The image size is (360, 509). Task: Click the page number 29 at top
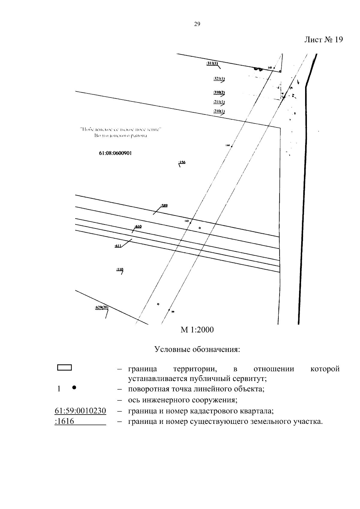pyautogui.click(x=197, y=24)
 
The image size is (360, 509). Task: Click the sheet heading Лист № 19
pyautogui.click(x=323, y=40)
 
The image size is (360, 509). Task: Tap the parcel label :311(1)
pyautogui.click(x=212, y=63)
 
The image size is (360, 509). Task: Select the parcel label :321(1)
pyautogui.click(x=219, y=79)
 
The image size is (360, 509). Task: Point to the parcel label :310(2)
pyautogui.click(x=219, y=92)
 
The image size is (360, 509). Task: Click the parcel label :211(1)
pyautogui.click(x=219, y=102)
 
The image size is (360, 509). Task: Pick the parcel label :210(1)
pyautogui.click(x=219, y=111)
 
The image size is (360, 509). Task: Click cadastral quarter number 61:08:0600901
pyautogui.click(x=115, y=153)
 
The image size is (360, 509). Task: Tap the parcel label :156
pyautogui.click(x=182, y=162)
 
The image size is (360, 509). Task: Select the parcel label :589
pyautogui.click(x=164, y=205)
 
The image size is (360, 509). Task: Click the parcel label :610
pyautogui.click(x=138, y=226)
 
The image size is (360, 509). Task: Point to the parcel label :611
pyautogui.click(x=118, y=246)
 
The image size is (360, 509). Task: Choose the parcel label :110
pyautogui.click(x=119, y=269)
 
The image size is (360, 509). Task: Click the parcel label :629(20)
pyautogui.click(x=101, y=308)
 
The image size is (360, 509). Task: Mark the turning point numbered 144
pyautogui.click(x=232, y=146)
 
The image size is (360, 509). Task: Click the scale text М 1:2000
pyautogui.click(x=197, y=330)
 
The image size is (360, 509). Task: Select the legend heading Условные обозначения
pyautogui.click(x=197, y=350)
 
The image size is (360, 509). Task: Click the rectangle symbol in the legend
pyautogui.click(x=64, y=368)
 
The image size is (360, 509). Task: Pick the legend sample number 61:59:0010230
pyautogui.click(x=80, y=411)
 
